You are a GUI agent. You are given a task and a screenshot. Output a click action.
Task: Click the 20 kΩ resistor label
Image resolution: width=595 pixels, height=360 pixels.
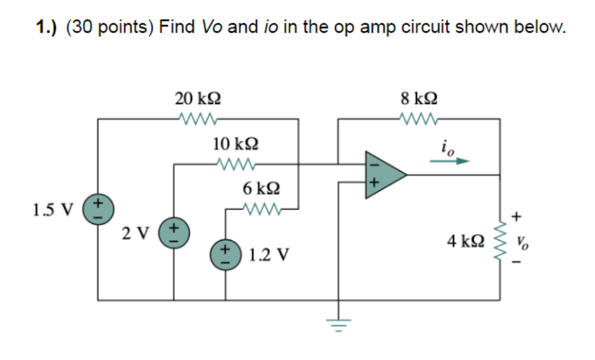point(197,98)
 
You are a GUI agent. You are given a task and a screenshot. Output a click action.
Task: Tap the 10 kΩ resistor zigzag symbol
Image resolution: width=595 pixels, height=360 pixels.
point(235,165)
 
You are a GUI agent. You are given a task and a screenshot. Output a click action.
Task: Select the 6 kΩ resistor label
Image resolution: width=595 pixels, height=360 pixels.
point(261,188)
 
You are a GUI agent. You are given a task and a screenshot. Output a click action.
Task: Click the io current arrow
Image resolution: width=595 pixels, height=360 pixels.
point(449,161)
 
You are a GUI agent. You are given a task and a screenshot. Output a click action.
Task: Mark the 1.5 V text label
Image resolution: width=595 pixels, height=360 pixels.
point(52,209)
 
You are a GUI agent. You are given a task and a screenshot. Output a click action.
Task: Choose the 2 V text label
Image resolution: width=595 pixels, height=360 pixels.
point(135,233)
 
